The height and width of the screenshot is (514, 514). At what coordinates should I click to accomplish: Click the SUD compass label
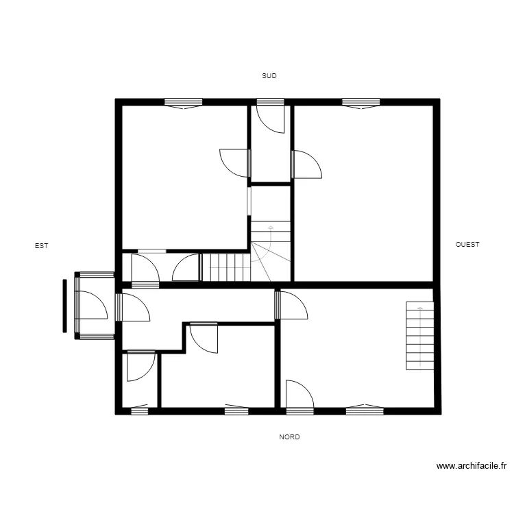(269, 76)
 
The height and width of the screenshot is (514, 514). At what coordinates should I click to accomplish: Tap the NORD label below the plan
(289, 437)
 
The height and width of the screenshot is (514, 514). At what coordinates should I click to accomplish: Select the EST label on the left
(42, 245)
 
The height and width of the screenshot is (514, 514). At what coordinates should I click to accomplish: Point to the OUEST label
(467, 244)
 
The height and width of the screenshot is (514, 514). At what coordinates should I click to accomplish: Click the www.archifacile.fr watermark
(472, 466)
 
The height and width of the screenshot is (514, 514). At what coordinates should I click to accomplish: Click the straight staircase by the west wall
(420, 335)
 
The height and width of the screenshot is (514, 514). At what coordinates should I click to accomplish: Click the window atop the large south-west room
(360, 103)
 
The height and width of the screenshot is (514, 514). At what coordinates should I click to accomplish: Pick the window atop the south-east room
(183, 103)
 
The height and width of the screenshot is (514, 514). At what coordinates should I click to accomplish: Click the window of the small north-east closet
(139, 411)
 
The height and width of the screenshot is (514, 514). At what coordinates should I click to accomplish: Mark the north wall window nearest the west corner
(364, 411)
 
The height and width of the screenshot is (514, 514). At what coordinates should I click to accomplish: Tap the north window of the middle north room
(236, 411)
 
